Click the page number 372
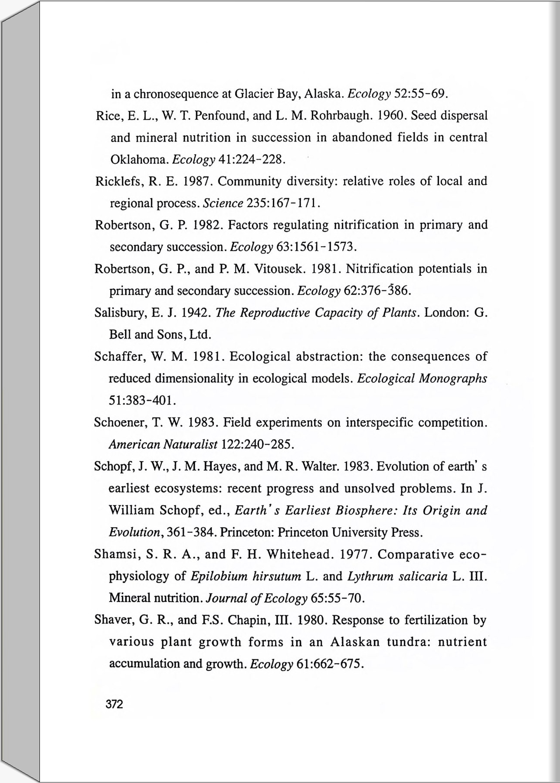coord(115,704)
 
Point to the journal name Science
coord(223,203)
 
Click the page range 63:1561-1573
coord(316,247)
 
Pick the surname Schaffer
coord(119,356)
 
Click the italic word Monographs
coord(453,378)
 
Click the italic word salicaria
coord(422,577)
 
